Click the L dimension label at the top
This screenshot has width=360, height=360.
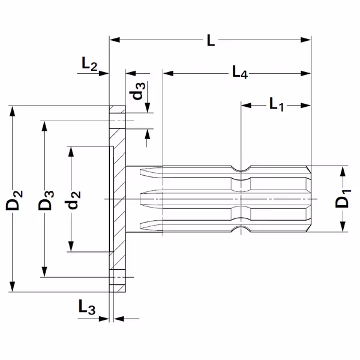tap(211, 40)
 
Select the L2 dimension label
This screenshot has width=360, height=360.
tap(89, 64)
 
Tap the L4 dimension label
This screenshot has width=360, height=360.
tap(240, 72)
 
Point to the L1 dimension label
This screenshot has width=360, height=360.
tap(277, 104)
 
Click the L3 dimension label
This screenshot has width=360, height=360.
tap(87, 307)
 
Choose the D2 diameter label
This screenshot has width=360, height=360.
tap(14, 200)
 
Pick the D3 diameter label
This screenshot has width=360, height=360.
tap(46, 200)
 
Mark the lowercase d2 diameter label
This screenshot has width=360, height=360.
tap(73, 200)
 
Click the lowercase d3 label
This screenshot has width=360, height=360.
tap(137, 91)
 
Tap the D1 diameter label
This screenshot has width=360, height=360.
tap(343, 199)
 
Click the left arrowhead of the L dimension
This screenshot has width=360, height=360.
tap(115, 40)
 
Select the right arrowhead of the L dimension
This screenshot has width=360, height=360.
tap(305, 40)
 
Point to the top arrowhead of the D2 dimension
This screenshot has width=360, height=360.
tap(13, 111)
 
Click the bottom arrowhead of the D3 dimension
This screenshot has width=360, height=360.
tap(44, 272)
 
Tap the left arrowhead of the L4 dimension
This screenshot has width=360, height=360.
tap(168, 73)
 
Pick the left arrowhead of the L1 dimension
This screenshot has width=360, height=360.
tap(247, 106)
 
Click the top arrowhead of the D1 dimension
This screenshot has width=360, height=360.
tap(343, 171)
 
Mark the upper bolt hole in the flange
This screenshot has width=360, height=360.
tap(118, 121)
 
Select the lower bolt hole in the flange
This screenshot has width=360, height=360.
tap(118, 277)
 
